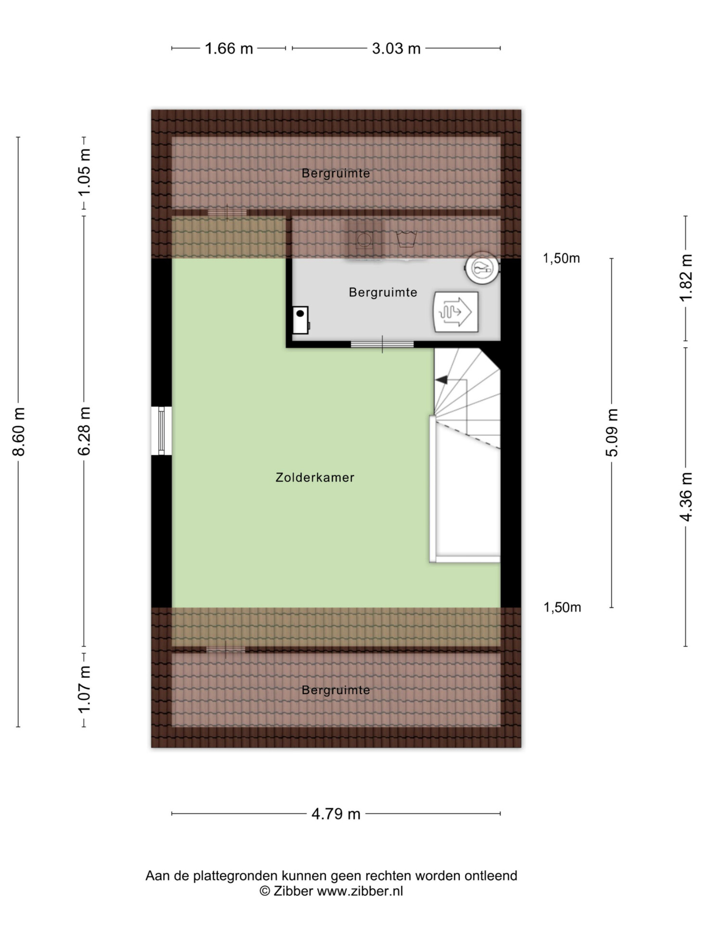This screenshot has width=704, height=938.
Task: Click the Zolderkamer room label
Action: coord(315,478)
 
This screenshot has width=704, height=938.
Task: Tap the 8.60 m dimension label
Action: coord(19,431)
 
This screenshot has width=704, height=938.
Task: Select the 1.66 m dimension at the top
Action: coord(229,49)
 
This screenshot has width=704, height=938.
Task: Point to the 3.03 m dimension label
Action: coord(396,49)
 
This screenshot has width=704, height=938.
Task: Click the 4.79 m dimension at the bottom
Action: coord(336,814)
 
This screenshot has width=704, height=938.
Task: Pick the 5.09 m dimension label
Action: coord(612,432)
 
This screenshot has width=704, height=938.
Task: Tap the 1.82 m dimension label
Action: coord(686,278)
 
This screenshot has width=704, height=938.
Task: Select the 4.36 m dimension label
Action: coord(686,496)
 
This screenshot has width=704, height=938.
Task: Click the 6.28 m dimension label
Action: coord(84,431)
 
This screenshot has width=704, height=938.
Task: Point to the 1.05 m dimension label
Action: coord(84,173)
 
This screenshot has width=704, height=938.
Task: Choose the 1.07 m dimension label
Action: coord(84,689)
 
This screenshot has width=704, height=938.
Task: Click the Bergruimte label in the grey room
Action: coord(383,292)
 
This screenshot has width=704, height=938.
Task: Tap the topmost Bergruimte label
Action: coord(336,173)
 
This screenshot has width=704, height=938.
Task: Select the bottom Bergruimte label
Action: coord(336,690)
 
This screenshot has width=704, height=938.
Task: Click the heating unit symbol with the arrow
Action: coord(456,312)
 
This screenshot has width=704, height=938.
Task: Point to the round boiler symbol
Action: coord(482,268)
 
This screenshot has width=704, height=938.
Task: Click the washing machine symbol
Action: coord(364,239)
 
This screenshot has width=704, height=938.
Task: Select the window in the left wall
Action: coord(161,431)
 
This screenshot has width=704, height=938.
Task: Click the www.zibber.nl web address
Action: coord(360,891)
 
